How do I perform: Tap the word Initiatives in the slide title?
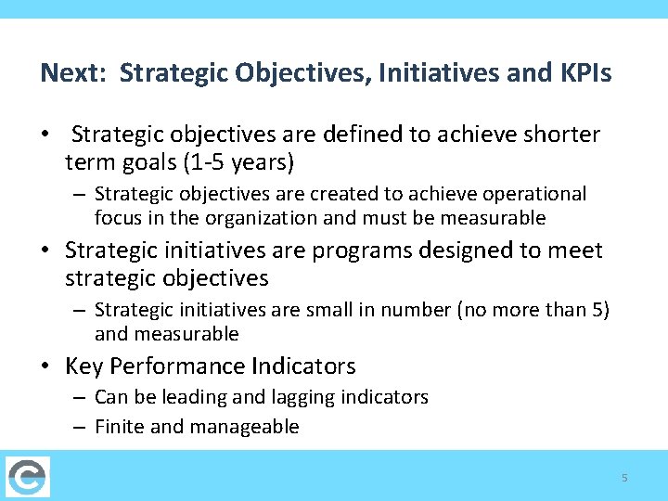[x=416, y=72]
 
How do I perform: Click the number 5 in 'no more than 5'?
[x=598, y=310]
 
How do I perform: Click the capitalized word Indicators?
[x=305, y=366]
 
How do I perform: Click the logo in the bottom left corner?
[x=28, y=477]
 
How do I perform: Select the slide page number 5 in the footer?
[x=624, y=478]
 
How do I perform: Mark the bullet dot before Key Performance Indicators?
[x=45, y=367]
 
